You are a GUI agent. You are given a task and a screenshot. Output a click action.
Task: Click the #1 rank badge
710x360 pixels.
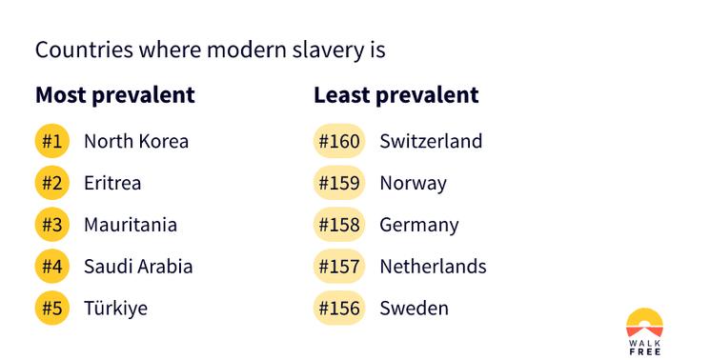coord(51,142)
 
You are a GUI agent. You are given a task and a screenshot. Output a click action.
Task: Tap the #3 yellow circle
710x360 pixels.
coord(51,226)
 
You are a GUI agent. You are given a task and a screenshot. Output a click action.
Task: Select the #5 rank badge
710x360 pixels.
coord(51,309)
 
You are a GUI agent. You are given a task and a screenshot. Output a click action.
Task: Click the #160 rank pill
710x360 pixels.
coord(339,142)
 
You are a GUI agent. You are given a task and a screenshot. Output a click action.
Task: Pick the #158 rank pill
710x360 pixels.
coord(339,226)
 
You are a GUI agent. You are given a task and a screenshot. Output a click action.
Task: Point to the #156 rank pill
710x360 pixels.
coord(339,309)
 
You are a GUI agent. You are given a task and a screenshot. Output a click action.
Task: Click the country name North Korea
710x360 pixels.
coord(136,142)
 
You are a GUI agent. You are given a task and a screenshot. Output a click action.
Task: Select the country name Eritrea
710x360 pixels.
coord(112,183)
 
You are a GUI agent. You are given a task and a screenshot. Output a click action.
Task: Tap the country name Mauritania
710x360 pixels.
coord(131,226)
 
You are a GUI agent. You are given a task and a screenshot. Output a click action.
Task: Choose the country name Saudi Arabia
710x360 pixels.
coord(138,267)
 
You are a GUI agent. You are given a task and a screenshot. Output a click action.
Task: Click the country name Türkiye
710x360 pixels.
coord(115,309)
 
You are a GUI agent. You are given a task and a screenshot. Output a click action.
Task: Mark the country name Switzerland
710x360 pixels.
coord(431,142)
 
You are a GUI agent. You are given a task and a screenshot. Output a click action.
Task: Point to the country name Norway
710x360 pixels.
coord(413,183)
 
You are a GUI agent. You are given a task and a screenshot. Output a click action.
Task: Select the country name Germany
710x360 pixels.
coord(418,226)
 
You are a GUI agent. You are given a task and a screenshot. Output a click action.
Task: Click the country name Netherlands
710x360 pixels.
coord(433,267)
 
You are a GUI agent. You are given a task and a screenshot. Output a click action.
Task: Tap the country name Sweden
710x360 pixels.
coord(414,309)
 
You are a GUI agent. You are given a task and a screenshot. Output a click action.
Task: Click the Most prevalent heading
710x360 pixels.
coord(114,95)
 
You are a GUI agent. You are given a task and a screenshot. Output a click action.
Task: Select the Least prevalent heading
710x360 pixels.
coord(396,95)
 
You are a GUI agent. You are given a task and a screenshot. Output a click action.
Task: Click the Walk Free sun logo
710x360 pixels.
coord(644,324)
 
